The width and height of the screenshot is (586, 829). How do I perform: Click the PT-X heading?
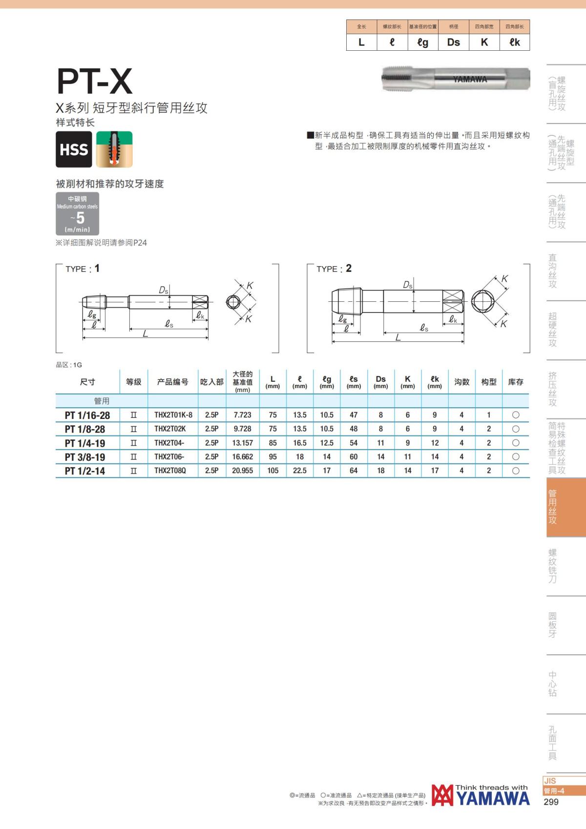coord(94,82)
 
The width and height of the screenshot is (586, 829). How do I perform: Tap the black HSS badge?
coord(74,149)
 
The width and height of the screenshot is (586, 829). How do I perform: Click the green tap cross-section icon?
coord(114,149)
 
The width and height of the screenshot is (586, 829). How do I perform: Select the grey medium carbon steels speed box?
coord(77,213)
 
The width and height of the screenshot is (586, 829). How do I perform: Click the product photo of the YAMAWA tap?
coord(456,79)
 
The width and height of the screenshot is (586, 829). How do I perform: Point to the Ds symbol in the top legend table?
coord(454,42)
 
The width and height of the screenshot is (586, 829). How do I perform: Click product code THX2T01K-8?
coord(173,415)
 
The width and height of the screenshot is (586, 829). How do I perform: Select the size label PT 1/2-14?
coord(85,471)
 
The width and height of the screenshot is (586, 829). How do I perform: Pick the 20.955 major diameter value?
coord(243,471)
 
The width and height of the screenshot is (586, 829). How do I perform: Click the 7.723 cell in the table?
coord(243,415)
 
